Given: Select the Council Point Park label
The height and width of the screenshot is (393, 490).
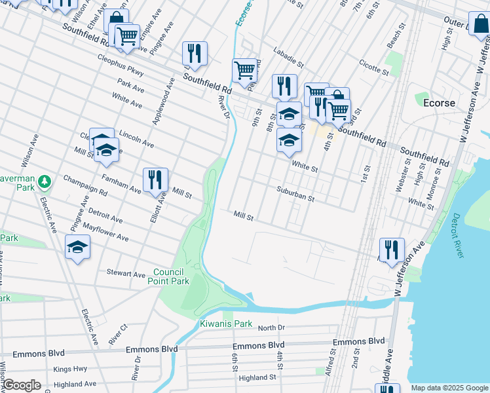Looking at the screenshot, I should click(171, 276).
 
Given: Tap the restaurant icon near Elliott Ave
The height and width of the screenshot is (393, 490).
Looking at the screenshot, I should click(156, 180).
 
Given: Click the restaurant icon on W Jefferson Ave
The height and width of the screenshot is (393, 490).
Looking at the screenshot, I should click(392, 250).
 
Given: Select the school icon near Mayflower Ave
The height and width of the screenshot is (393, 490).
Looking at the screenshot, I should click(77, 247).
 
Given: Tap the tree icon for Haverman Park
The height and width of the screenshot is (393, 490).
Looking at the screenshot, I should click(44, 180).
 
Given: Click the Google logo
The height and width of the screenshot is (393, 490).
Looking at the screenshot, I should click(22, 385).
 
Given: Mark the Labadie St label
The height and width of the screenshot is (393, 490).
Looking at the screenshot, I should click(284, 59).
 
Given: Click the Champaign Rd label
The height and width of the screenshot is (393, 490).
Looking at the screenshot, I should click(85, 185).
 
